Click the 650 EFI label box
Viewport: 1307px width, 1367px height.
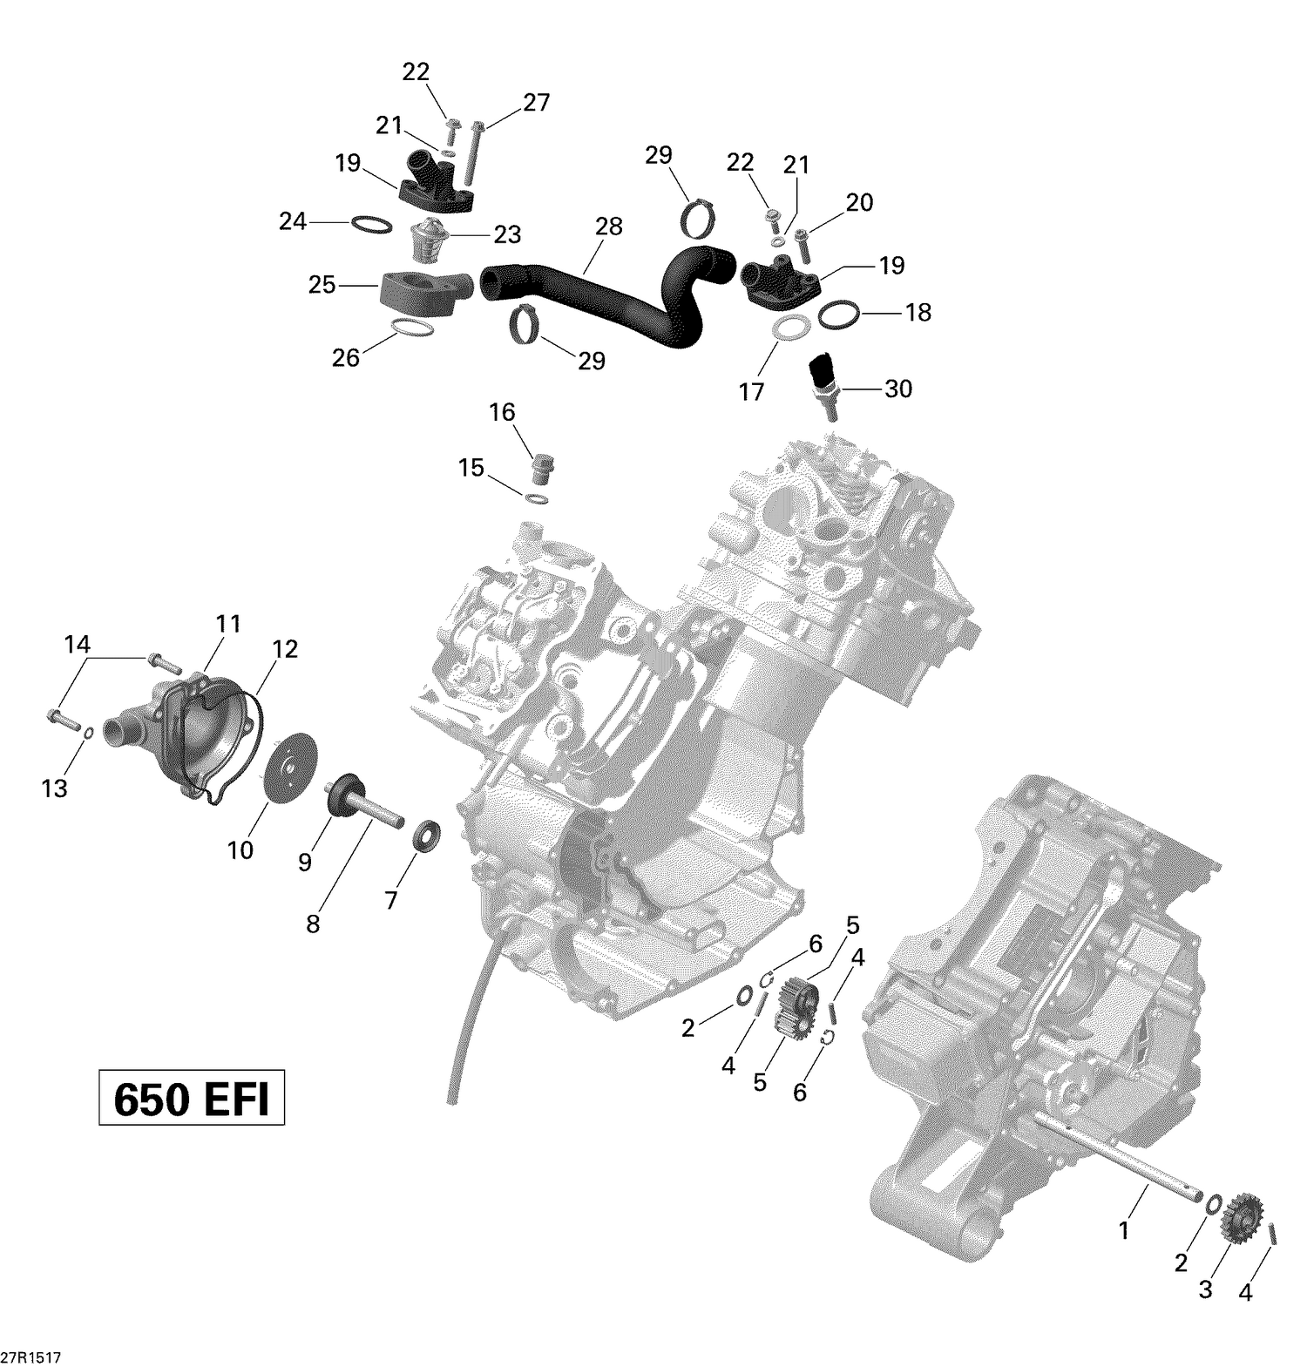pyautogui.click(x=192, y=1100)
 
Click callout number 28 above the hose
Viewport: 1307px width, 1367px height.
pyautogui.click(x=609, y=227)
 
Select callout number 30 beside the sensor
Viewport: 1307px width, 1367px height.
pyautogui.click(x=897, y=389)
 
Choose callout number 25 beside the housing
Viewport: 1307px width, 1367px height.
pyautogui.click(x=322, y=285)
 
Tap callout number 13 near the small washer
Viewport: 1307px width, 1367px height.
pyautogui.click(x=54, y=788)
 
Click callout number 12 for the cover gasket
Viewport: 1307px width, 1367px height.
pyautogui.click(x=284, y=649)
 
